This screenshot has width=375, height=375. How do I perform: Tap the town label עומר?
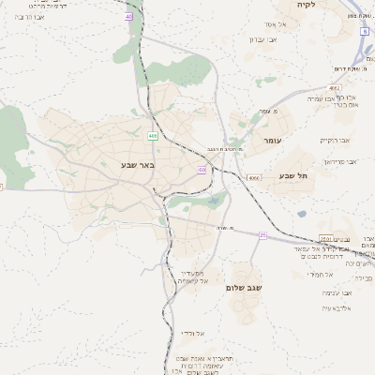coord(273,141)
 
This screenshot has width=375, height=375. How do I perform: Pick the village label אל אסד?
coord(276,23)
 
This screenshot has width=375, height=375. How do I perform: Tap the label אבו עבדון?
coord(264,39)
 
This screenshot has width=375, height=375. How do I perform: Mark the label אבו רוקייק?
coord(335,140)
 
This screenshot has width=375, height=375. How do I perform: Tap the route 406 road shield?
coord(151,136)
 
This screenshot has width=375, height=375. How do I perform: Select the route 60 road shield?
coord(202,170)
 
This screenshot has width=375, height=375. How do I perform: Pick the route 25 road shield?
coord(262,234)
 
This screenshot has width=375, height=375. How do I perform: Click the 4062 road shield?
coord(335,87)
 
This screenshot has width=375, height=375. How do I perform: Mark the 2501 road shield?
coord(324,238)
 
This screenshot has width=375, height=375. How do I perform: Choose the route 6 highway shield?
coord(364,31)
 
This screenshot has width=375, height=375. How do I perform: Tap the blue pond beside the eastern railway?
coord(302,214)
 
